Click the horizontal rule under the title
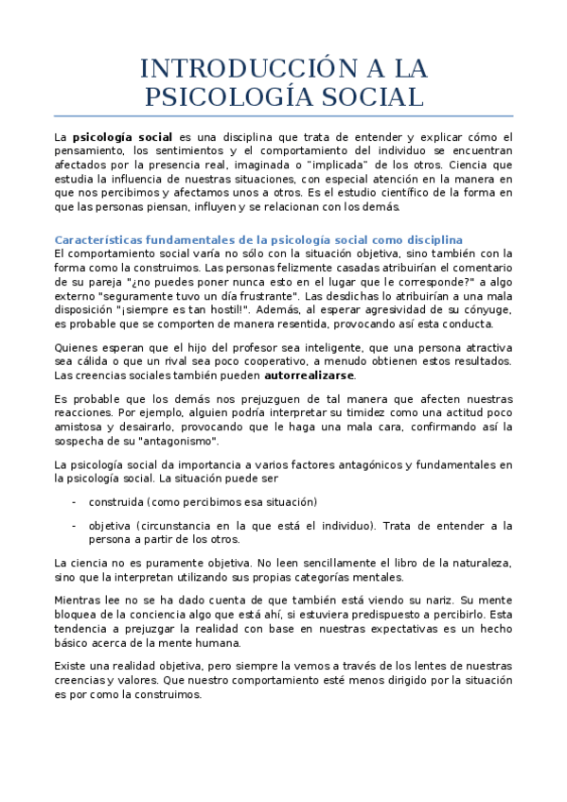point(283,116)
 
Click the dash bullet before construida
point(74,501)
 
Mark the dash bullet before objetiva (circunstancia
point(74,525)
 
